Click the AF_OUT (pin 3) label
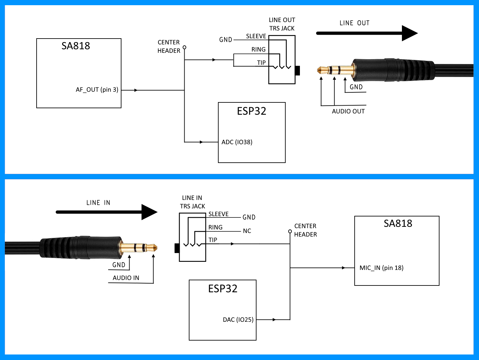pyautogui.click(x=97, y=90)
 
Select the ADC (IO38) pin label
pyautogui.click(x=237, y=142)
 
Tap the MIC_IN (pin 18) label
pyautogui.click(x=381, y=268)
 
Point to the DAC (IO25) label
pyautogui.click(x=238, y=320)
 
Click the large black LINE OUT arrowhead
pyautogui.click(x=409, y=33)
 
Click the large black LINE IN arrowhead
pyautogui.click(x=149, y=212)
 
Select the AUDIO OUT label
pyautogui.click(x=348, y=111)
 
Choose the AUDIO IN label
pyautogui.click(x=126, y=278)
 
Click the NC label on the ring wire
pyautogui.click(x=247, y=231)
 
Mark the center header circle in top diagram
pyautogui.click(x=185, y=47)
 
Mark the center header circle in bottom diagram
pyautogui.click(x=290, y=231)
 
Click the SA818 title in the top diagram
pyautogui.click(x=76, y=46)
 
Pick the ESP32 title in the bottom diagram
pyautogui.click(x=223, y=288)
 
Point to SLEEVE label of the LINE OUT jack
pyautogui.click(x=256, y=36)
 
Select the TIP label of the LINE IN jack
pyautogui.click(x=213, y=240)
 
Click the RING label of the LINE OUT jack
pyautogui.click(x=258, y=50)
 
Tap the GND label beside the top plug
pyautogui.click(x=356, y=87)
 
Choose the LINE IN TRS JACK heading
pyautogui.click(x=192, y=202)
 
